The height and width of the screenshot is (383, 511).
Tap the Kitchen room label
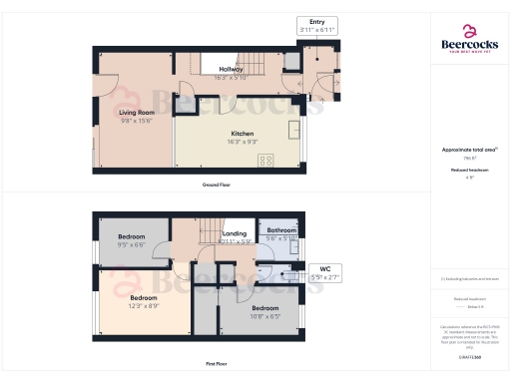(x=242, y=134)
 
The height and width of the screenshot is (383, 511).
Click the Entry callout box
(x=317, y=26)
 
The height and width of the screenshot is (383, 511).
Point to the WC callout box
(x=324, y=271)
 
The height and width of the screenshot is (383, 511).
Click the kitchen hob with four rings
(x=266, y=160)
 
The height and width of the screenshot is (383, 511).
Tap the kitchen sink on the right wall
(x=295, y=130)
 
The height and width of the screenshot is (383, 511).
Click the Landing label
(x=234, y=235)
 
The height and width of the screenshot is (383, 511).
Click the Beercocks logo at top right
(x=469, y=38)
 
